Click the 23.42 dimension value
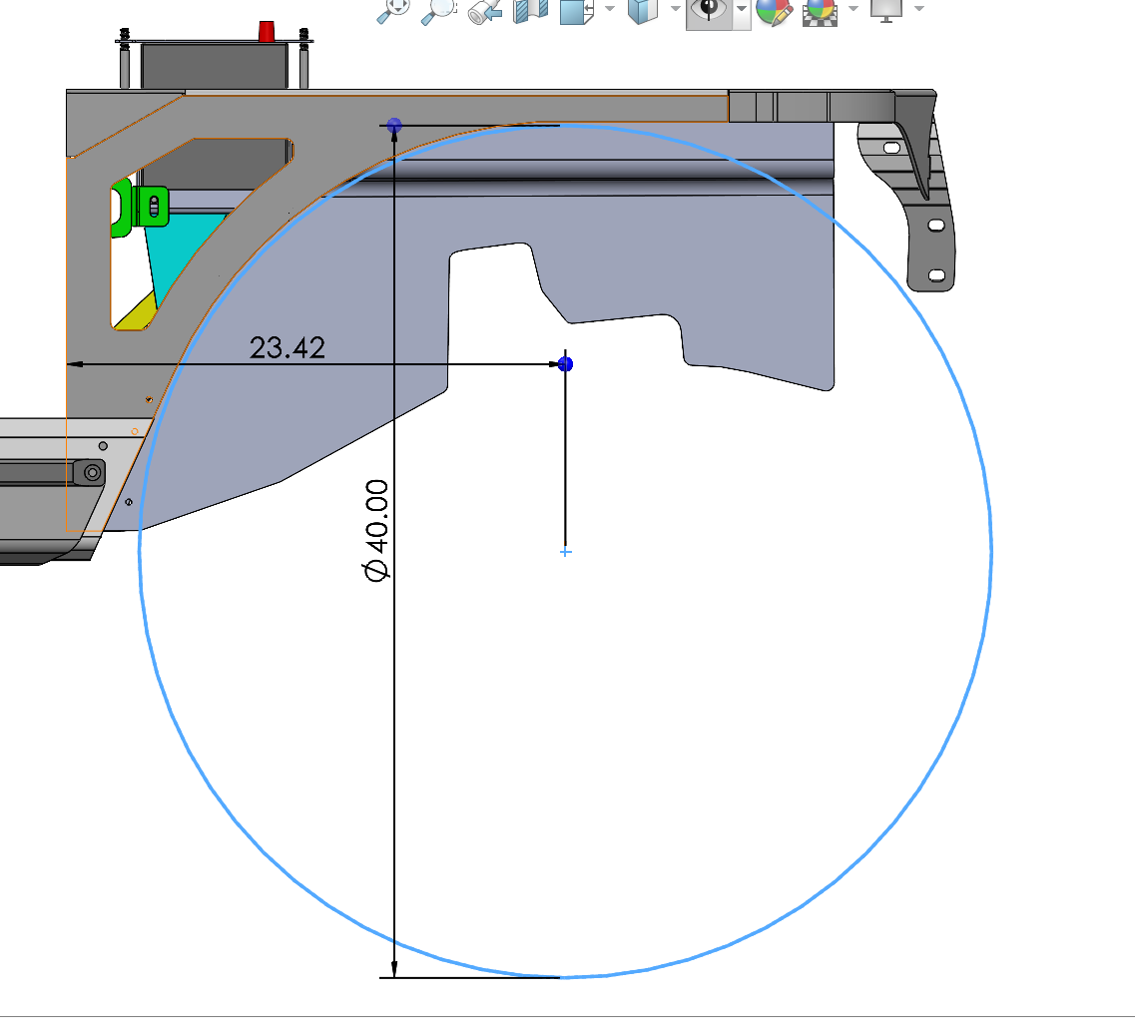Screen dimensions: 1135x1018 pyautogui.click(x=287, y=348)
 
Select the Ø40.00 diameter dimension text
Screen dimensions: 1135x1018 pyautogui.click(x=376, y=530)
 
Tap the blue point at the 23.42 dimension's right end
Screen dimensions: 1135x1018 pyautogui.click(x=566, y=364)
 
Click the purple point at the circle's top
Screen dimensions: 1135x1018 pyautogui.click(x=394, y=126)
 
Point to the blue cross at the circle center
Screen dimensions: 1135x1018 pyautogui.click(x=566, y=552)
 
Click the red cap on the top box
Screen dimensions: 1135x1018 pyautogui.click(x=267, y=32)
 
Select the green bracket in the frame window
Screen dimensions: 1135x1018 pyautogui.click(x=142, y=207)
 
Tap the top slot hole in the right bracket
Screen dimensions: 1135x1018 pyautogui.click(x=891, y=149)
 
